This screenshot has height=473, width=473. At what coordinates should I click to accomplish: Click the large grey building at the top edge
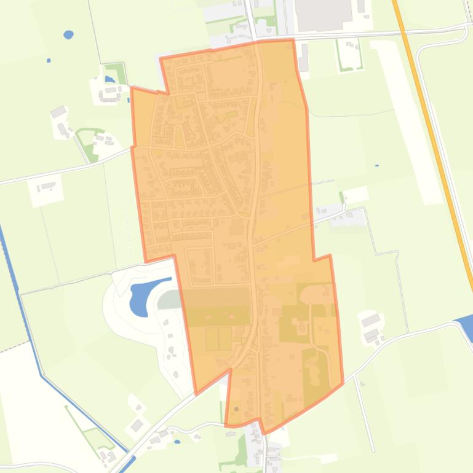coord(324,14)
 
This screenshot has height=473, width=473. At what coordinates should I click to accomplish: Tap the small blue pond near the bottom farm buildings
coord(177,441)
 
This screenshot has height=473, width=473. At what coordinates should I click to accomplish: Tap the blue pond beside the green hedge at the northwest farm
coord(109,79)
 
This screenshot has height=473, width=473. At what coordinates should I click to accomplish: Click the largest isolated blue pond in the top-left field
coord(68,34)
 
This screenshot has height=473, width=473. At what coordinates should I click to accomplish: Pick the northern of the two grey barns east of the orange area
coord(370,320)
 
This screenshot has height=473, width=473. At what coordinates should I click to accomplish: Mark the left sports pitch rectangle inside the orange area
coord(212,338)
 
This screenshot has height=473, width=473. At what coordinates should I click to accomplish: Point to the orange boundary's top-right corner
coord(293,41)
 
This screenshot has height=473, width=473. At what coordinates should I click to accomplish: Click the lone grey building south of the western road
coord(46,187)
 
